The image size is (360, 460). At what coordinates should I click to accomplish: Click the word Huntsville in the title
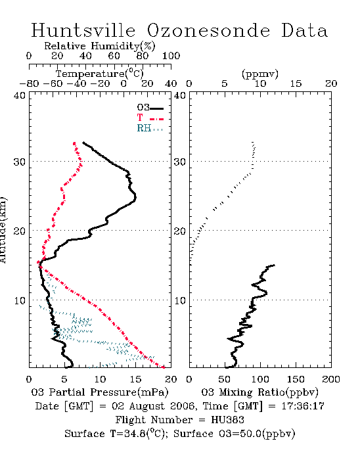pyautogui.click(x=83, y=30)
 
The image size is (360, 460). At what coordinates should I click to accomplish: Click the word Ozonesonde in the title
pyautogui.click(x=208, y=30)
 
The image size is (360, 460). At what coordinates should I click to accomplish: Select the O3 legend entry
pyautogui.click(x=150, y=108)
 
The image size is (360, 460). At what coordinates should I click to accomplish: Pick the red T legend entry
pyautogui.click(x=150, y=118)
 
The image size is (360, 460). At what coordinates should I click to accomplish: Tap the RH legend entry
pyautogui.click(x=150, y=128)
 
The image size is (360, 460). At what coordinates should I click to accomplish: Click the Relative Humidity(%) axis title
pyautogui.click(x=100, y=46)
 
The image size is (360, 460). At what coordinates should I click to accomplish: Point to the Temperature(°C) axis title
pyautogui.click(x=100, y=74)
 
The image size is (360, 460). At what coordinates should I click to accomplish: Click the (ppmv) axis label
pyautogui.click(x=260, y=74)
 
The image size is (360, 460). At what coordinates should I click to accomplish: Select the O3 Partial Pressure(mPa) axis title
pyautogui.click(x=100, y=392)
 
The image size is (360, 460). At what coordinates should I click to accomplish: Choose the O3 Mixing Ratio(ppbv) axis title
pyautogui.click(x=259, y=392)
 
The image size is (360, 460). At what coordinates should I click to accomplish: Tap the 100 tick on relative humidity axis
pyautogui.click(x=171, y=56)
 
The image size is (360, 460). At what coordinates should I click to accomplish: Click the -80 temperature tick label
pyautogui.click(x=29, y=83)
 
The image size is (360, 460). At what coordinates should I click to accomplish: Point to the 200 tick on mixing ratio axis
pyautogui.click(x=331, y=379)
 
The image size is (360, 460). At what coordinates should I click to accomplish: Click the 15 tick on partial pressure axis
pyautogui.click(x=135, y=379)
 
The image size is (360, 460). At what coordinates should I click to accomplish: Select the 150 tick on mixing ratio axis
pyautogui.click(x=296, y=379)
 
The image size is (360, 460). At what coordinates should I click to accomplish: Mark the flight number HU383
pyautogui.click(x=227, y=420)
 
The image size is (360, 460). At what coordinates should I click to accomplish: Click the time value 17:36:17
pyautogui.click(x=303, y=406)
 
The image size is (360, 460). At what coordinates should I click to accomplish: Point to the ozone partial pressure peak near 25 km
pyautogui.click(x=135, y=197)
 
